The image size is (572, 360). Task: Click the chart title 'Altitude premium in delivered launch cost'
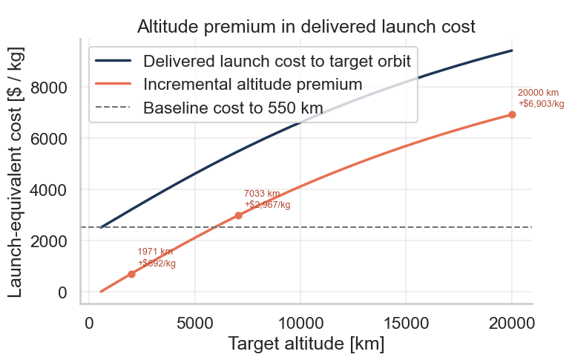pyautogui.click(x=306, y=27)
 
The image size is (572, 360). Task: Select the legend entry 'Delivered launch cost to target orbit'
pyautogui.click(x=277, y=60)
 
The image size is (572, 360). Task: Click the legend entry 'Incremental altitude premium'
pyautogui.click(x=252, y=84)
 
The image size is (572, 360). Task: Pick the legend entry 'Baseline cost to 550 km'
pyautogui.click(x=233, y=108)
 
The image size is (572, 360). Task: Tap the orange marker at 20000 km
pyautogui.click(x=512, y=114)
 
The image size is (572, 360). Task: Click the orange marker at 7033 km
pyautogui.click(x=238, y=215)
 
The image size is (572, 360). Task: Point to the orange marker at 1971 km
pyautogui.click(x=131, y=274)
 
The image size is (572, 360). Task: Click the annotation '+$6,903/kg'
pyautogui.click(x=541, y=103)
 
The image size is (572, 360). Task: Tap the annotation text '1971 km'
pyautogui.click(x=155, y=252)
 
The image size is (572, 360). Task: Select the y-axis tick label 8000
pyautogui.click(x=49, y=88)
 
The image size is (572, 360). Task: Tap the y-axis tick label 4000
pyautogui.click(x=49, y=190)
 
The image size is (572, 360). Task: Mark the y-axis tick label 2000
pyautogui.click(x=49, y=241)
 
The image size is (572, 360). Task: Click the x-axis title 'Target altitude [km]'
pyautogui.click(x=306, y=344)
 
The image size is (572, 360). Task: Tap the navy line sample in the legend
pyautogui.click(x=114, y=60)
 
